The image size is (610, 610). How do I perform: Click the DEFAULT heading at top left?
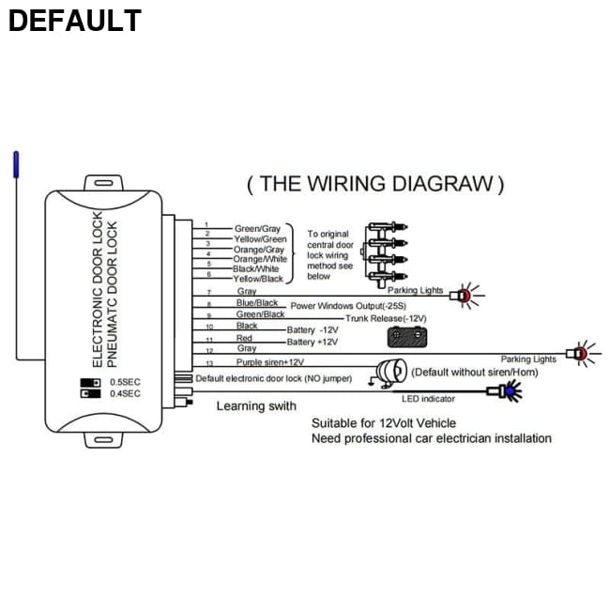coord(75,20)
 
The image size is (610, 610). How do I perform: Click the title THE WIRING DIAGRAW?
coord(375,184)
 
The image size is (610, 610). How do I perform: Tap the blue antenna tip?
coord(13,165)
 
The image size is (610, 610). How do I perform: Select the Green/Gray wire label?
coord(257,228)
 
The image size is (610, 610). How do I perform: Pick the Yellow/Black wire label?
coord(257,279)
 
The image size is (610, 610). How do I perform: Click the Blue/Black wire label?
coord(257,303)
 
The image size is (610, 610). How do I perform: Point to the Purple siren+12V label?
coord(270,361)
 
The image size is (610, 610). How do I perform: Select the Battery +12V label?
coord(313,343)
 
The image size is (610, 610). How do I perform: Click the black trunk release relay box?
coord(408,335)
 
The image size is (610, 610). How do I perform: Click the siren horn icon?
coord(387,370)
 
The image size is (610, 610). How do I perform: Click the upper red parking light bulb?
coord(462,296)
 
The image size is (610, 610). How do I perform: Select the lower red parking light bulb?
coord(580,354)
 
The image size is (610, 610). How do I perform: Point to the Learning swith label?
coord(256,406)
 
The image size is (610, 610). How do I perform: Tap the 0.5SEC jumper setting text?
coord(125,382)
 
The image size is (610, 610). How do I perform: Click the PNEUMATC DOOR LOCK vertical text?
coord(114,293)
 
